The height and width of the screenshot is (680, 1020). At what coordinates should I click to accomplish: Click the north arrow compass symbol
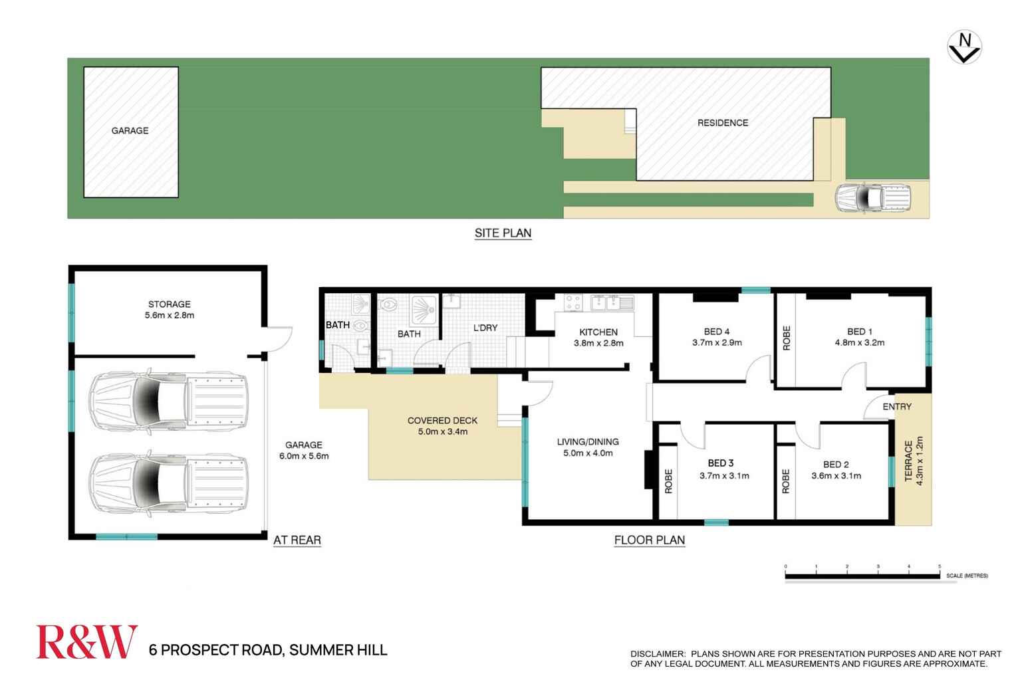964,48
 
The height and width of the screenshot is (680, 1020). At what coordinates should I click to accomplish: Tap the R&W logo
86,642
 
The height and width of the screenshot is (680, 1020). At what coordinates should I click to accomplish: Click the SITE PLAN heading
503,233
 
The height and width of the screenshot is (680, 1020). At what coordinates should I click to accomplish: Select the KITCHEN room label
598,332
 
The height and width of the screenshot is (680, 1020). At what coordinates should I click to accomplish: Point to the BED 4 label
717,331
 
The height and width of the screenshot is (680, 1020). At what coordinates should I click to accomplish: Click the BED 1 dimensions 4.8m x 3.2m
860,343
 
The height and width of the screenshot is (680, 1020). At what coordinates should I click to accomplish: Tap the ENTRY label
897,406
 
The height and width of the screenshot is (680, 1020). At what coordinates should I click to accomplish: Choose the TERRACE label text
909,462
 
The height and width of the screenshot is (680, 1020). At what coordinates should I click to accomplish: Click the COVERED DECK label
442,420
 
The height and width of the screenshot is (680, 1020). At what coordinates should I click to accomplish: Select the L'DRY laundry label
485,328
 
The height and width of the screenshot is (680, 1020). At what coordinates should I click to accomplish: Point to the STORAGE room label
170,304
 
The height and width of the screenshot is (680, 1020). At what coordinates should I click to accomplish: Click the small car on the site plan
872,198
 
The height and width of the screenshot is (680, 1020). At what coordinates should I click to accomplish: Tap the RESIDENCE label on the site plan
723,123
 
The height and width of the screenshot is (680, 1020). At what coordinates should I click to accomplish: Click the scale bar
862,575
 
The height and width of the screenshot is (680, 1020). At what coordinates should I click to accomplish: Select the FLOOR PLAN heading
649,540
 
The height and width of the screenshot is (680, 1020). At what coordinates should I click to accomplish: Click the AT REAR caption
297,540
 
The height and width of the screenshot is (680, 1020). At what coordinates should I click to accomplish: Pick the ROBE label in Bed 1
787,338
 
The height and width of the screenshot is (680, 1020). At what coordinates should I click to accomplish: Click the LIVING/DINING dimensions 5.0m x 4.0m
588,453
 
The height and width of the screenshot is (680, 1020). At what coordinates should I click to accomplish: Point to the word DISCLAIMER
658,654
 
